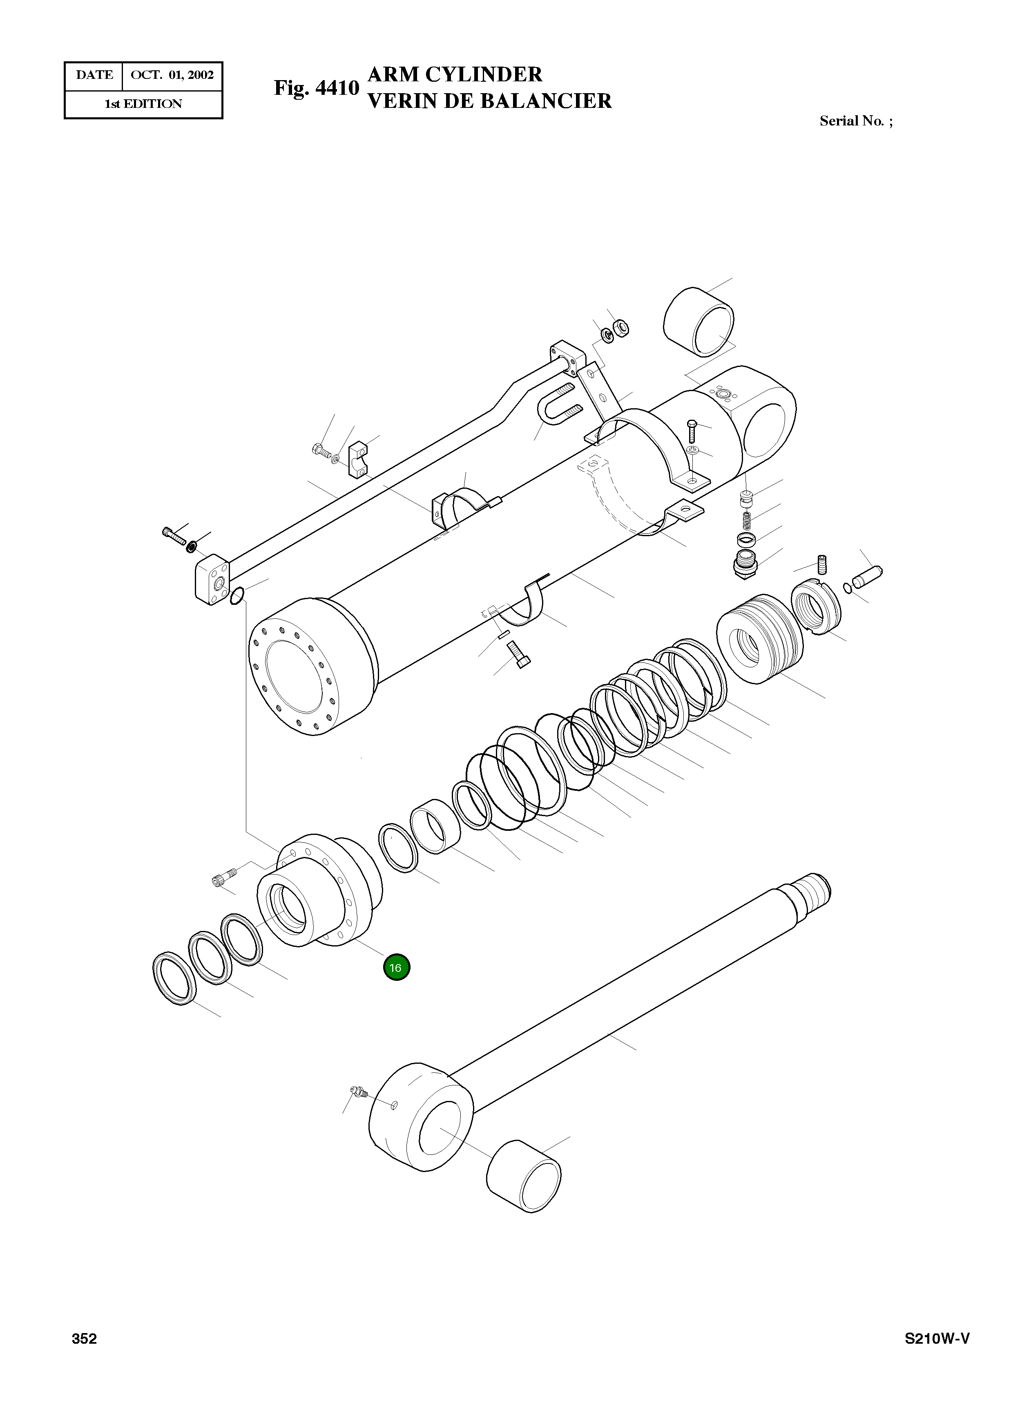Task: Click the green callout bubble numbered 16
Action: [396, 967]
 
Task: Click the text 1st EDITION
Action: [143, 104]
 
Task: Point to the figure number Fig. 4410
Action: [317, 88]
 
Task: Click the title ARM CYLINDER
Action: [455, 74]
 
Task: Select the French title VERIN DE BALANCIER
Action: [490, 101]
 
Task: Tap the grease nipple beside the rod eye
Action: [359, 1092]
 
